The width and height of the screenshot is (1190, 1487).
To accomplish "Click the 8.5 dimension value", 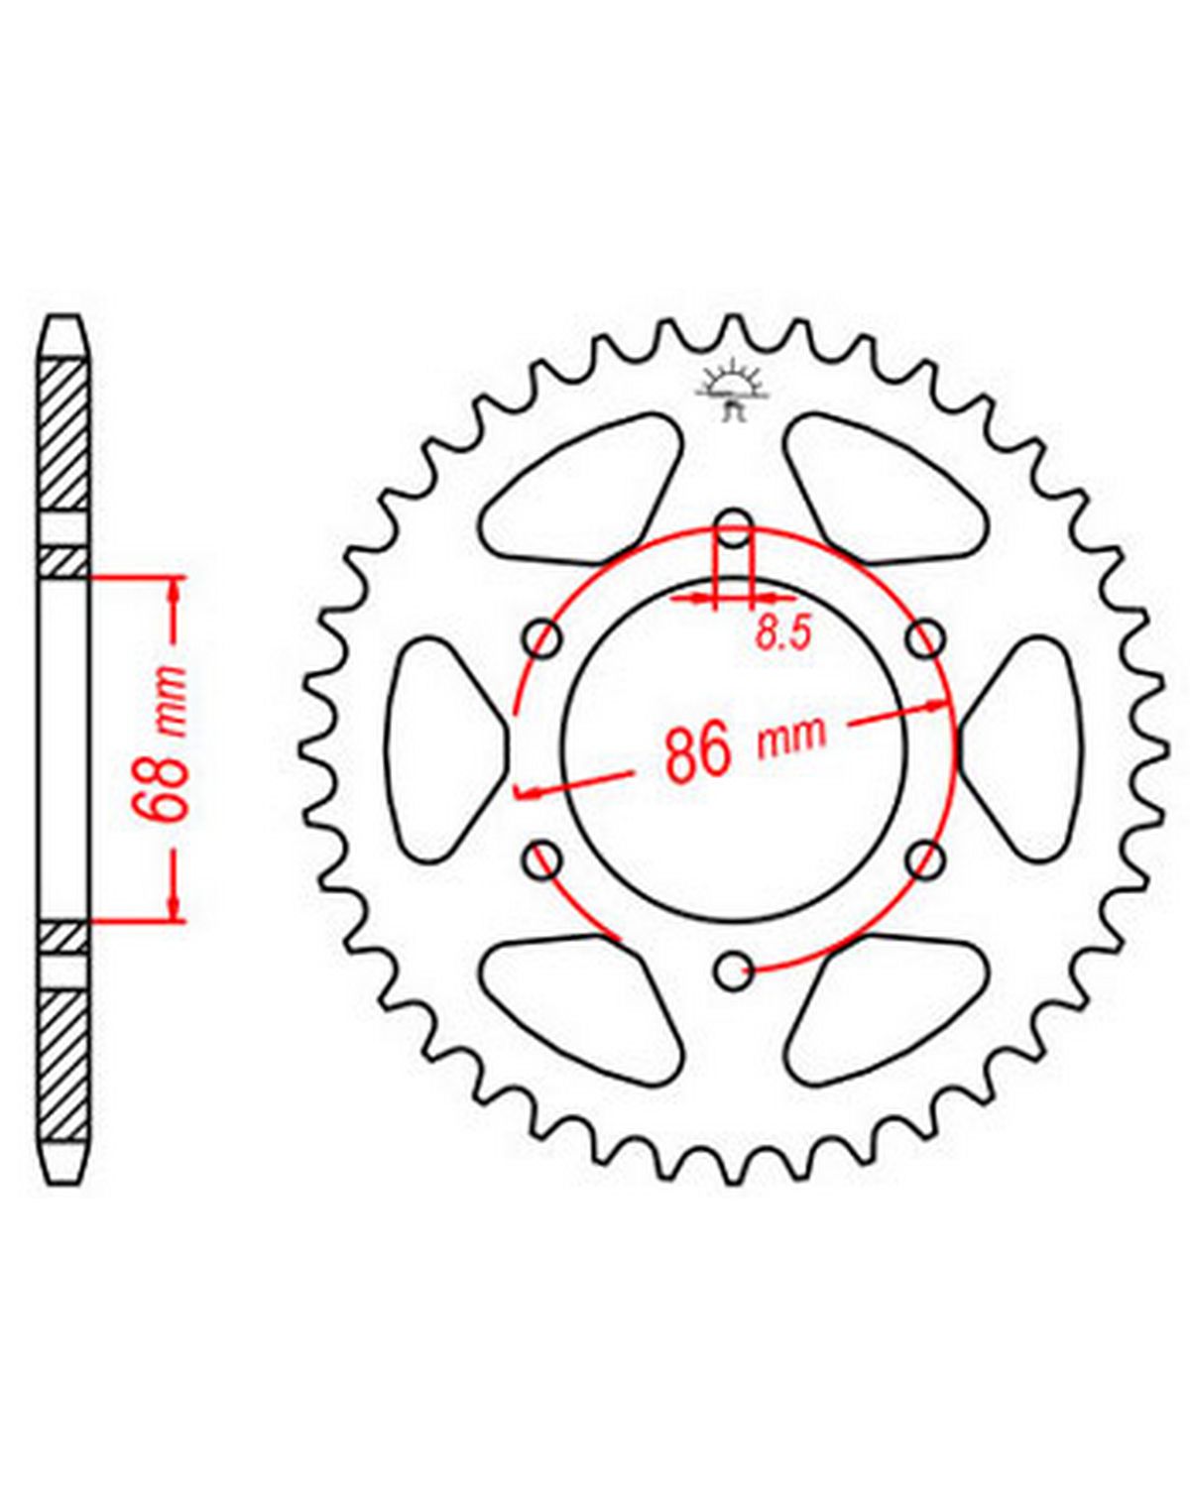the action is (x=782, y=633).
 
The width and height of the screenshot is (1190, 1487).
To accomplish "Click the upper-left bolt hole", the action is (x=543, y=639).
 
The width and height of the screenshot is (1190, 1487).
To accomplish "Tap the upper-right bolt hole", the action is (x=926, y=639).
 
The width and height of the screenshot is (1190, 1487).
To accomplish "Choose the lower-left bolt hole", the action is (x=543, y=860).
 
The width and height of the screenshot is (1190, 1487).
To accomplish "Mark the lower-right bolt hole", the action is (x=926, y=860).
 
